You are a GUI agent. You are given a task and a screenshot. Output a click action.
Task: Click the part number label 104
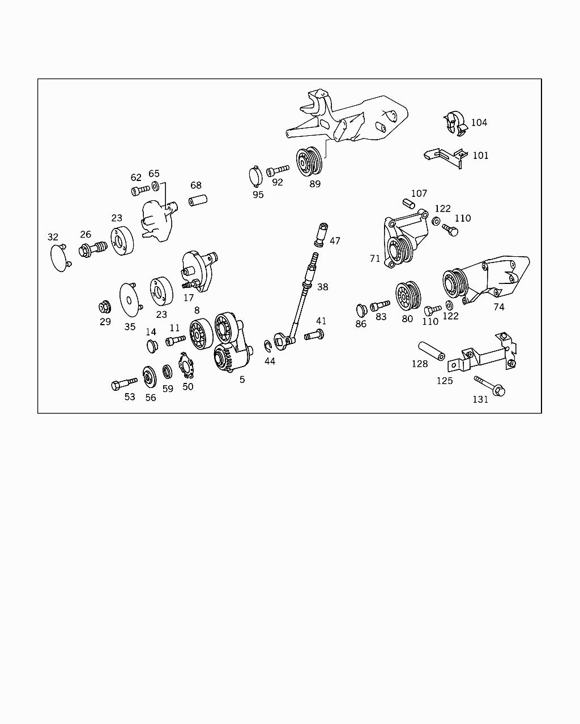pos(479,123)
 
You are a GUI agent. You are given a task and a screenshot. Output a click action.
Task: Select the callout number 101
pos(480,156)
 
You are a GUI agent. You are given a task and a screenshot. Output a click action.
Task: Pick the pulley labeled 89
pos(310,162)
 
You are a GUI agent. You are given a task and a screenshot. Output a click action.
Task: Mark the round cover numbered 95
pos(255,176)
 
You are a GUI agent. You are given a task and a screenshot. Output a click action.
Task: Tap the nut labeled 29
pos(104,308)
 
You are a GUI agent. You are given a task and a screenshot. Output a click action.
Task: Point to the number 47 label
pos(335,241)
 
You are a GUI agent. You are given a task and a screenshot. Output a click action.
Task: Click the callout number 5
pos(242,380)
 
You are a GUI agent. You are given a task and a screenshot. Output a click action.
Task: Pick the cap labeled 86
pos(360,310)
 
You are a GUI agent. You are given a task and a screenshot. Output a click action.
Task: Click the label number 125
pos(445,381)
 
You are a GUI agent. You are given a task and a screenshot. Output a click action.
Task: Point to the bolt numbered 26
pos(92,248)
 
